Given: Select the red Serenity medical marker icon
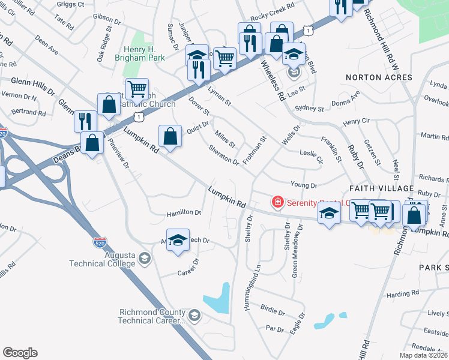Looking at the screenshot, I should pyautogui.click(x=277, y=202).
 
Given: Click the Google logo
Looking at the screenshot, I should pyautogui.click(x=20, y=353).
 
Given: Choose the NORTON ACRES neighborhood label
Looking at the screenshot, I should pyautogui.click(x=379, y=77).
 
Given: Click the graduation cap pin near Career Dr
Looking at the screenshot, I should pyautogui.click(x=178, y=240).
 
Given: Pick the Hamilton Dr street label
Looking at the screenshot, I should pyautogui.click(x=184, y=212).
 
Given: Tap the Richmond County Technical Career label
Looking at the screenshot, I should pyautogui.click(x=152, y=316).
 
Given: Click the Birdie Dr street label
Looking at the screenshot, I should pyautogui.click(x=273, y=313).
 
